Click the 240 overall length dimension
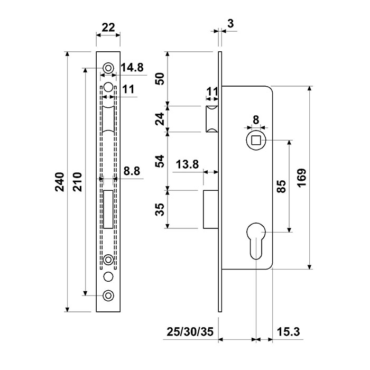click(60, 182)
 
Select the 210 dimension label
click(77, 182)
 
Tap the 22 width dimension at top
click(108, 27)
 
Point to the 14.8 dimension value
click(132, 68)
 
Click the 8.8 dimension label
click(132, 171)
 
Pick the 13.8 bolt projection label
click(187, 164)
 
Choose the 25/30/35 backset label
click(190, 331)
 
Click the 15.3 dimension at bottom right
click(289, 331)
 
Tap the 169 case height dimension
click(302, 178)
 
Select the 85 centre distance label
click(281, 187)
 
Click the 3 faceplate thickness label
click(230, 23)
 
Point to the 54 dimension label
click(160, 161)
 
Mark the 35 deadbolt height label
click(160, 209)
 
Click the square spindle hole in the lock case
click(256, 141)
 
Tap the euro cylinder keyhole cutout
click(256, 240)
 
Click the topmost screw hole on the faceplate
click(108, 68)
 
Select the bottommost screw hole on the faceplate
click(108, 295)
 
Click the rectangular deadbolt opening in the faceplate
click(108, 209)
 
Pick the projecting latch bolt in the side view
click(212, 119)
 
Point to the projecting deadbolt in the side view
click(211, 209)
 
